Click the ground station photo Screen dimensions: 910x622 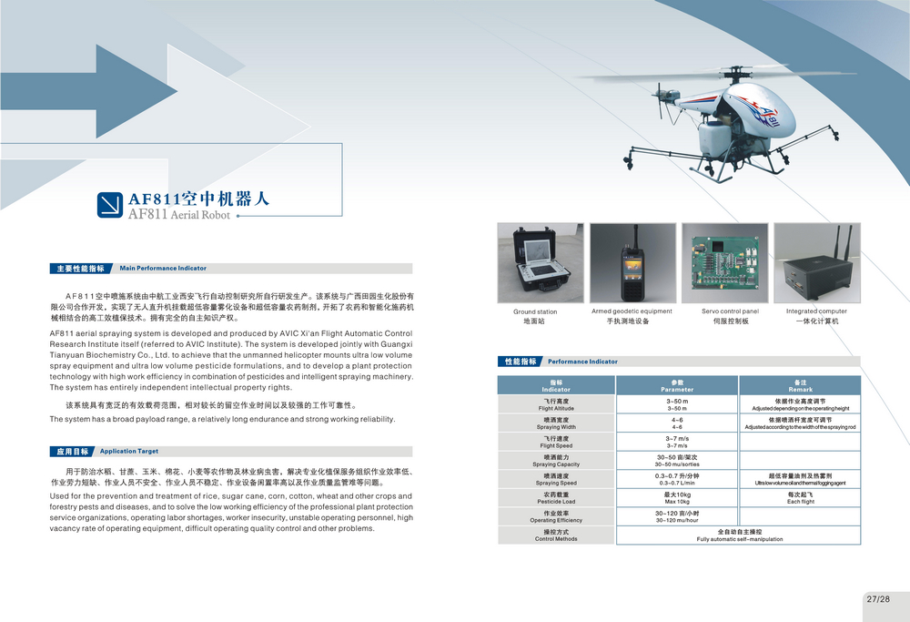click(541, 263)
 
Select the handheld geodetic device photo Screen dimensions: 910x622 click(632, 263)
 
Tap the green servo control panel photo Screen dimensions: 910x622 click(725, 263)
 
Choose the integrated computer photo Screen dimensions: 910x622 click(817, 263)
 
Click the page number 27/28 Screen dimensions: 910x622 click(878, 598)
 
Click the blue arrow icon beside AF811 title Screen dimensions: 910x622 click(110, 205)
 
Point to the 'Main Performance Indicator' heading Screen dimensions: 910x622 click(163, 269)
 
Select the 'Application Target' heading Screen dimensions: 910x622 click(129, 452)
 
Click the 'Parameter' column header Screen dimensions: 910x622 click(677, 385)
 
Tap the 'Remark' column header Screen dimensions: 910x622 click(800, 385)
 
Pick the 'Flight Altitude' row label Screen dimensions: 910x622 click(556, 404)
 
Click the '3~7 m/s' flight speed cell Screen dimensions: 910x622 click(677, 442)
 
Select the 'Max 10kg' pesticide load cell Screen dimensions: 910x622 click(677, 498)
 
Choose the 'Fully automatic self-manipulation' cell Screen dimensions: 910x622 click(739, 535)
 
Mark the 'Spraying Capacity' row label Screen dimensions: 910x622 click(556, 461)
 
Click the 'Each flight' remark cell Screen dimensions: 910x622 click(800, 498)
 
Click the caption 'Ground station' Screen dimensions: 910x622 click(535, 311)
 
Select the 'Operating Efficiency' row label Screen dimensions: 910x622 click(556, 517)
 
